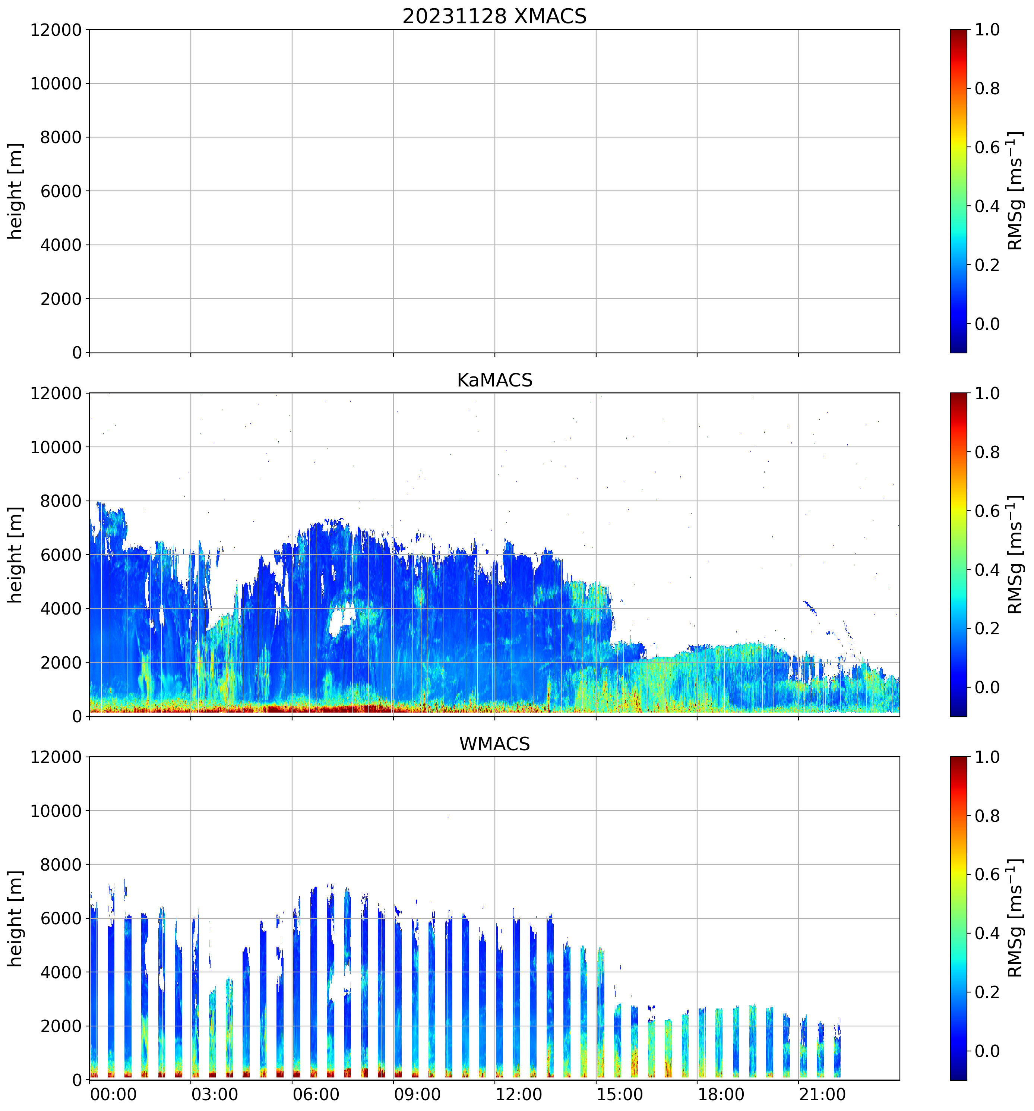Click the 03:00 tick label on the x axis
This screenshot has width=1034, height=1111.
click(215, 1094)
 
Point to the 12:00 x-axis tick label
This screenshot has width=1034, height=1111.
click(518, 1094)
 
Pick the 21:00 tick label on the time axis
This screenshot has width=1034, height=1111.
click(822, 1094)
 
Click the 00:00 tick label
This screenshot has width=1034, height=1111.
click(113, 1094)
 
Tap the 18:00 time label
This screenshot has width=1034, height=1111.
click(721, 1094)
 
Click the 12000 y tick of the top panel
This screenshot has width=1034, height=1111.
click(56, 29)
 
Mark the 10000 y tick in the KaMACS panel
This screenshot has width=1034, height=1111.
click(56, 447)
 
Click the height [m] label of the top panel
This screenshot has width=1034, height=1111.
click(15, 191)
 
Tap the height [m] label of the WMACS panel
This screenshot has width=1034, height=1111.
click(15, 918)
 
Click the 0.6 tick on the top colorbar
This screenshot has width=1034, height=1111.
click(987, 148)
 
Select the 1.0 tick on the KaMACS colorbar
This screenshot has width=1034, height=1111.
click(987, 394)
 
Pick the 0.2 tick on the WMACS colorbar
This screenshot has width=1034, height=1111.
click(987, 992)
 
